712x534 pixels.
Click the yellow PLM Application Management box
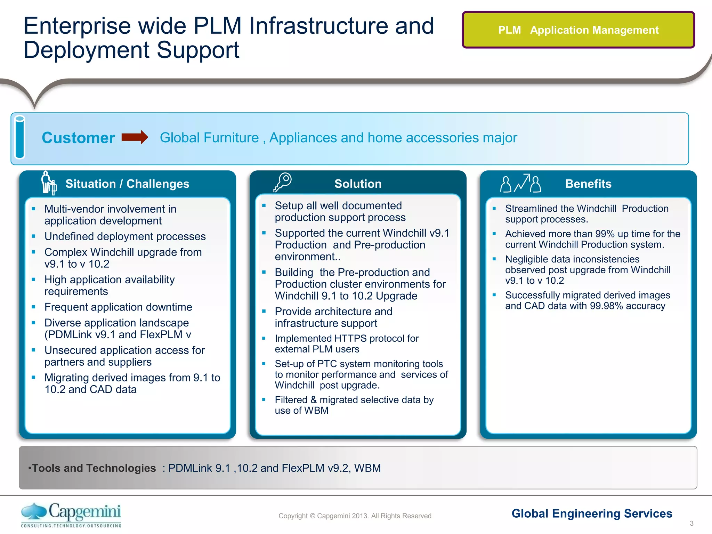(578, 30)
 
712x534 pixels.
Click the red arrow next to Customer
(135, 137)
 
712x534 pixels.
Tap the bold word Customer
(78, 138)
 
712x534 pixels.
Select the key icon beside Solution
(283, 182)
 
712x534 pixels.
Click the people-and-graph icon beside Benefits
(520, 183)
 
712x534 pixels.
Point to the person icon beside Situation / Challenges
(48, 182)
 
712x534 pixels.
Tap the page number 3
(691, 523)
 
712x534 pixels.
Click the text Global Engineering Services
(592, 513)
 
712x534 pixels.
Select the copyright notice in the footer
(355, 516)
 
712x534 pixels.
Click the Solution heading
(358, 184)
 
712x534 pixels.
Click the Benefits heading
(588, 184)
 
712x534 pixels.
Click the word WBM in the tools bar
(367, 468)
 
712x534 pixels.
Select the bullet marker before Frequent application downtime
(33, 307)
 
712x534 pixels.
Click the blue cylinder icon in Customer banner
(20, 137)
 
